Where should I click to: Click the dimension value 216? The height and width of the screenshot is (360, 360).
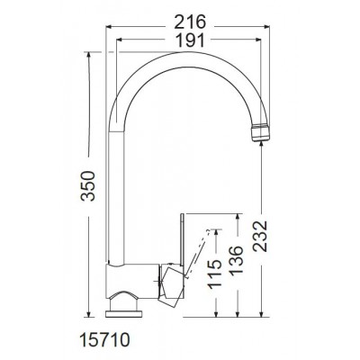pos(190,22)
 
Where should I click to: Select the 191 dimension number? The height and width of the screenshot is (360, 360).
pos(190,40)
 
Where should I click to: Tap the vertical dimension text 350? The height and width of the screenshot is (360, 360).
pos(89,185)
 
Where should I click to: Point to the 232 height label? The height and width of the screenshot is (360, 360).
pos(259,236)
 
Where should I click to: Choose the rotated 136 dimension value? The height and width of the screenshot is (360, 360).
pos(236,260)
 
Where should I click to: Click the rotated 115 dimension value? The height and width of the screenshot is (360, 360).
pos(215,274)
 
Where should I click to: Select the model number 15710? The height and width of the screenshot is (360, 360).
pos(104,340)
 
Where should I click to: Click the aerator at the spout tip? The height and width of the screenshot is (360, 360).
pos(260,132)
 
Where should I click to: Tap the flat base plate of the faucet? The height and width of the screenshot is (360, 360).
pos(123,314)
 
